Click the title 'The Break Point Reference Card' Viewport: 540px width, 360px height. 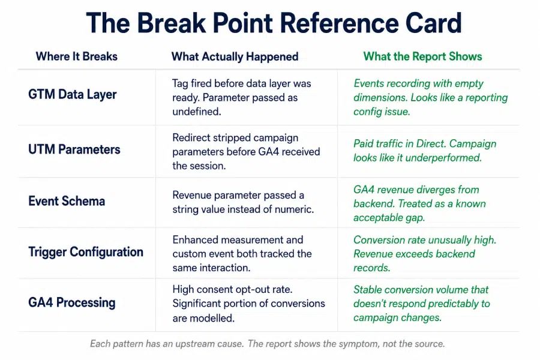click(274, 23)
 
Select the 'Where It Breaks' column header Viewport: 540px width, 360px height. click(76, 56)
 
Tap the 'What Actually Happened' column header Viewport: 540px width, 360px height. click(235, 57)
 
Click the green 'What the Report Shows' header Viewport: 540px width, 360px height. click(422, 56)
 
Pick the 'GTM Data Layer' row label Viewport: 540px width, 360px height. click(73, 94)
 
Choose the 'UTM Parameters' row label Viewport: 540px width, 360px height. click(74, 149)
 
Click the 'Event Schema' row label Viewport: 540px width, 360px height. click(67, 201)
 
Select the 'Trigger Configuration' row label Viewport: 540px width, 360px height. click(86, 252)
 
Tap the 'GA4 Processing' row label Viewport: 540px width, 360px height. click(71, 302)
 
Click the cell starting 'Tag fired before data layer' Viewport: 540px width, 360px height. click(241, 97)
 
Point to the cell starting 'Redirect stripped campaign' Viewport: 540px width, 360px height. click(246, 152)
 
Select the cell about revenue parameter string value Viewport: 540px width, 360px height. click(243, 202)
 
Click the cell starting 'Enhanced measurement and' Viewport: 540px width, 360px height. click(242, 254)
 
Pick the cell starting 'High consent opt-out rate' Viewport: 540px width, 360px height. click(248, 304)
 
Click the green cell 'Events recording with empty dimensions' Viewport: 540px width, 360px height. click(430, 97)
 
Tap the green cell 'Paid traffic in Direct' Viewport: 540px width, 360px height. click(425, 151)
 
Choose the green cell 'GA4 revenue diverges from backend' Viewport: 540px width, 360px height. click(419, 203)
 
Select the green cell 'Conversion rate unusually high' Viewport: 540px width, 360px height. click(425, 254)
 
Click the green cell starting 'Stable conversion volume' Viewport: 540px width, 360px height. click(422, 304)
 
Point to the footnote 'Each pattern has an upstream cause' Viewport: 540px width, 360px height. click(268, 344)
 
